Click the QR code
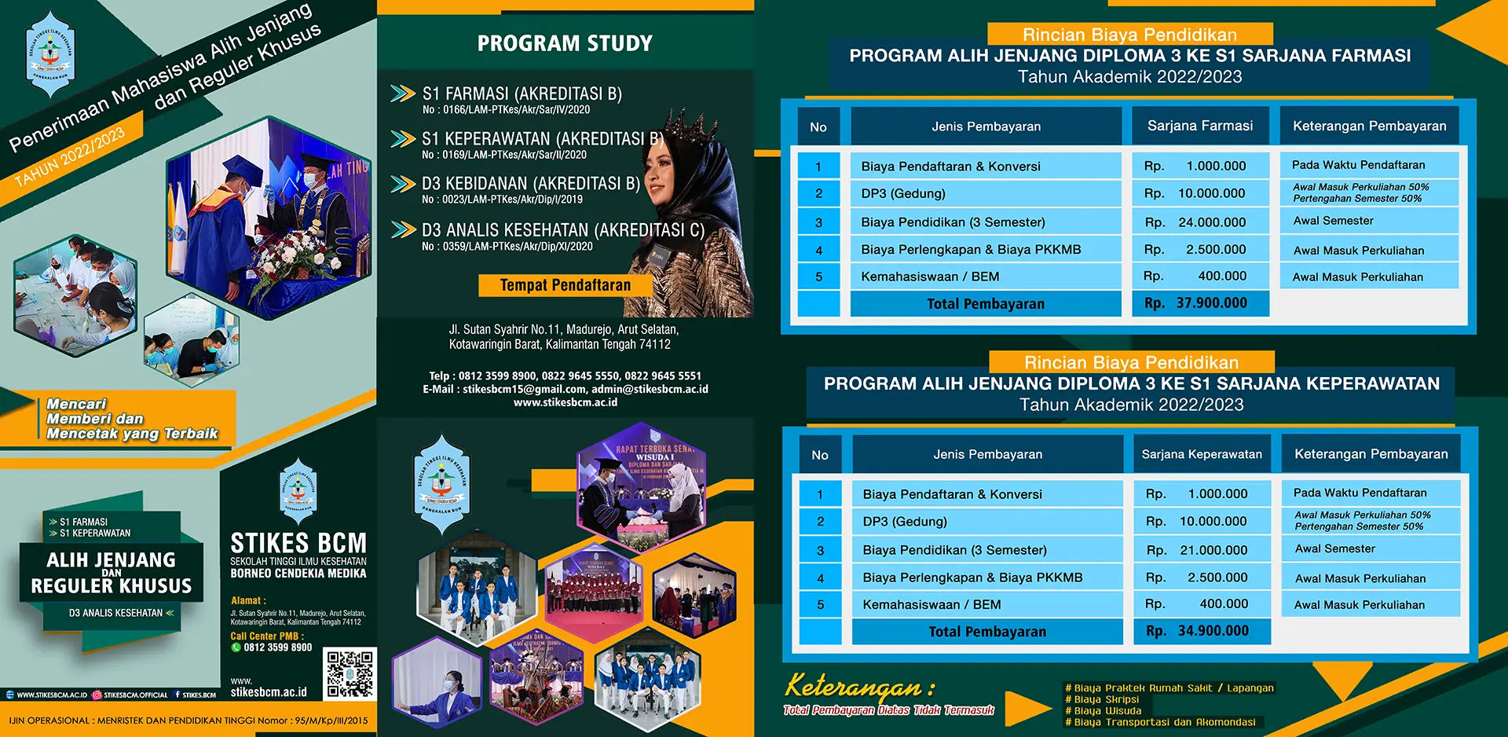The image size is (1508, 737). [350, 673]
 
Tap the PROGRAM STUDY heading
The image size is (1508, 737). [565, 43]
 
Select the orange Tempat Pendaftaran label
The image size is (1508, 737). [565, 285]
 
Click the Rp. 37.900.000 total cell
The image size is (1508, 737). [1199, 303]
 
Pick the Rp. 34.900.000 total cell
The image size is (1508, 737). [1201, 631]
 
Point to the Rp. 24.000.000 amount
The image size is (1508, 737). [1199, 222]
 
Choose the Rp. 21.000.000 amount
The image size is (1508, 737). [1201, 550]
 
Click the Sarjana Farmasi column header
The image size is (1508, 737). [1199, 126]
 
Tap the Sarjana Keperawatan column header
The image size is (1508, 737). [1201, 454]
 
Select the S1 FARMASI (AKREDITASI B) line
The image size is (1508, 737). [522, 94]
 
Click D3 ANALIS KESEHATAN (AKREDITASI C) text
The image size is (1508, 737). [562, 230]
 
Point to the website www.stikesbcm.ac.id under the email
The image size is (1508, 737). [565, 402]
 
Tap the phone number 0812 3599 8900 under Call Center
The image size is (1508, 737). [277, 647]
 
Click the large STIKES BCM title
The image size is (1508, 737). [298, 543]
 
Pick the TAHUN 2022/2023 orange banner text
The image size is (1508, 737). [71, 156]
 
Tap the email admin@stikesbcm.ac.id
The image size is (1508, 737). [650, 389]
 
